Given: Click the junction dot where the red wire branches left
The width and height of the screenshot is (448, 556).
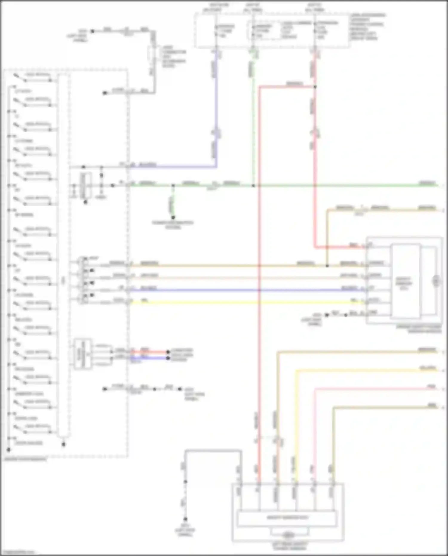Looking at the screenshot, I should tap(315, 87).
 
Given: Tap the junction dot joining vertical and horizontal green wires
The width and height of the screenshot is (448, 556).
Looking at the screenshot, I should tap(253, 186).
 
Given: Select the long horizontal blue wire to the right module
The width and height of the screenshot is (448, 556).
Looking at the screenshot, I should tap(239, 290).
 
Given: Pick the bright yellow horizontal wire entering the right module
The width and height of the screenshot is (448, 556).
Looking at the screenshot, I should tap(239, 302).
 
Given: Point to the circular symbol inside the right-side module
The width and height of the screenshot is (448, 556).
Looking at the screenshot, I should tap(436, 281).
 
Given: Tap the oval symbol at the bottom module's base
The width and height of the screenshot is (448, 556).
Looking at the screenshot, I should tap(288, 534).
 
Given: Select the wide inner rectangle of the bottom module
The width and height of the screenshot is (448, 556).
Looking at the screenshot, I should tap(287, 518).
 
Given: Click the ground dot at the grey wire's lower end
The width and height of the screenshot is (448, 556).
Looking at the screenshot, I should tap(185, 519).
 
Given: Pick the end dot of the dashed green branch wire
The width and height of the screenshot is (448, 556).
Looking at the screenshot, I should tap(173, 218).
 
